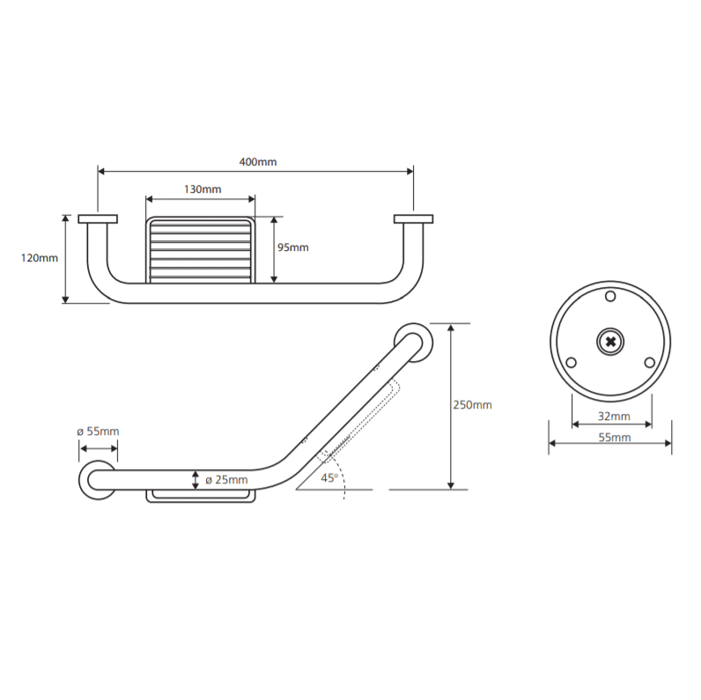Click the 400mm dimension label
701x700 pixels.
[258, 162]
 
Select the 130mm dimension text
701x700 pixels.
[203, 189]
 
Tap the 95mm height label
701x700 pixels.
[293, 247]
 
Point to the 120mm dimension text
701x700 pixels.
[40, 258]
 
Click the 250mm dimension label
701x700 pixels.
[473, 405]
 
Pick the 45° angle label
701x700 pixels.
[329, 478]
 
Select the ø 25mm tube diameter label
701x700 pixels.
[226, 480]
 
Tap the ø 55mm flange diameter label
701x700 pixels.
[98, 431]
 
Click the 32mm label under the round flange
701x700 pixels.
[614, 416]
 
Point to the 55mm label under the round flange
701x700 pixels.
[615, 437]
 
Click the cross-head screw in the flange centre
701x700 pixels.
[610, 342]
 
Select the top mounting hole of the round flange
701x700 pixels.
[610, 296]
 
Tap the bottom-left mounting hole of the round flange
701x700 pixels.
[571, 363]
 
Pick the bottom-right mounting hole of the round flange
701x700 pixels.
[650, 363]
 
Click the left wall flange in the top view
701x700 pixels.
[98, 219]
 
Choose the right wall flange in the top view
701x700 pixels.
[414, 219]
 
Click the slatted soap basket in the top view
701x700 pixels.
[201, 250]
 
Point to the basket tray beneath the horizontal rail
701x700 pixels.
[201, 497]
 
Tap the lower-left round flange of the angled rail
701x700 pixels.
[84, 480]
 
